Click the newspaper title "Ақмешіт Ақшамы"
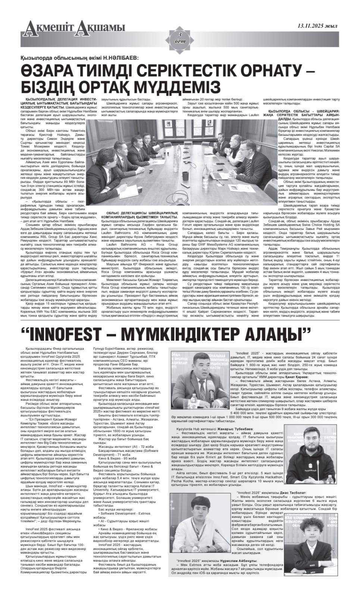pyautogui.click(x=73, y=27)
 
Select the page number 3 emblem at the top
pyautogui.click(x=180, y=37)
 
